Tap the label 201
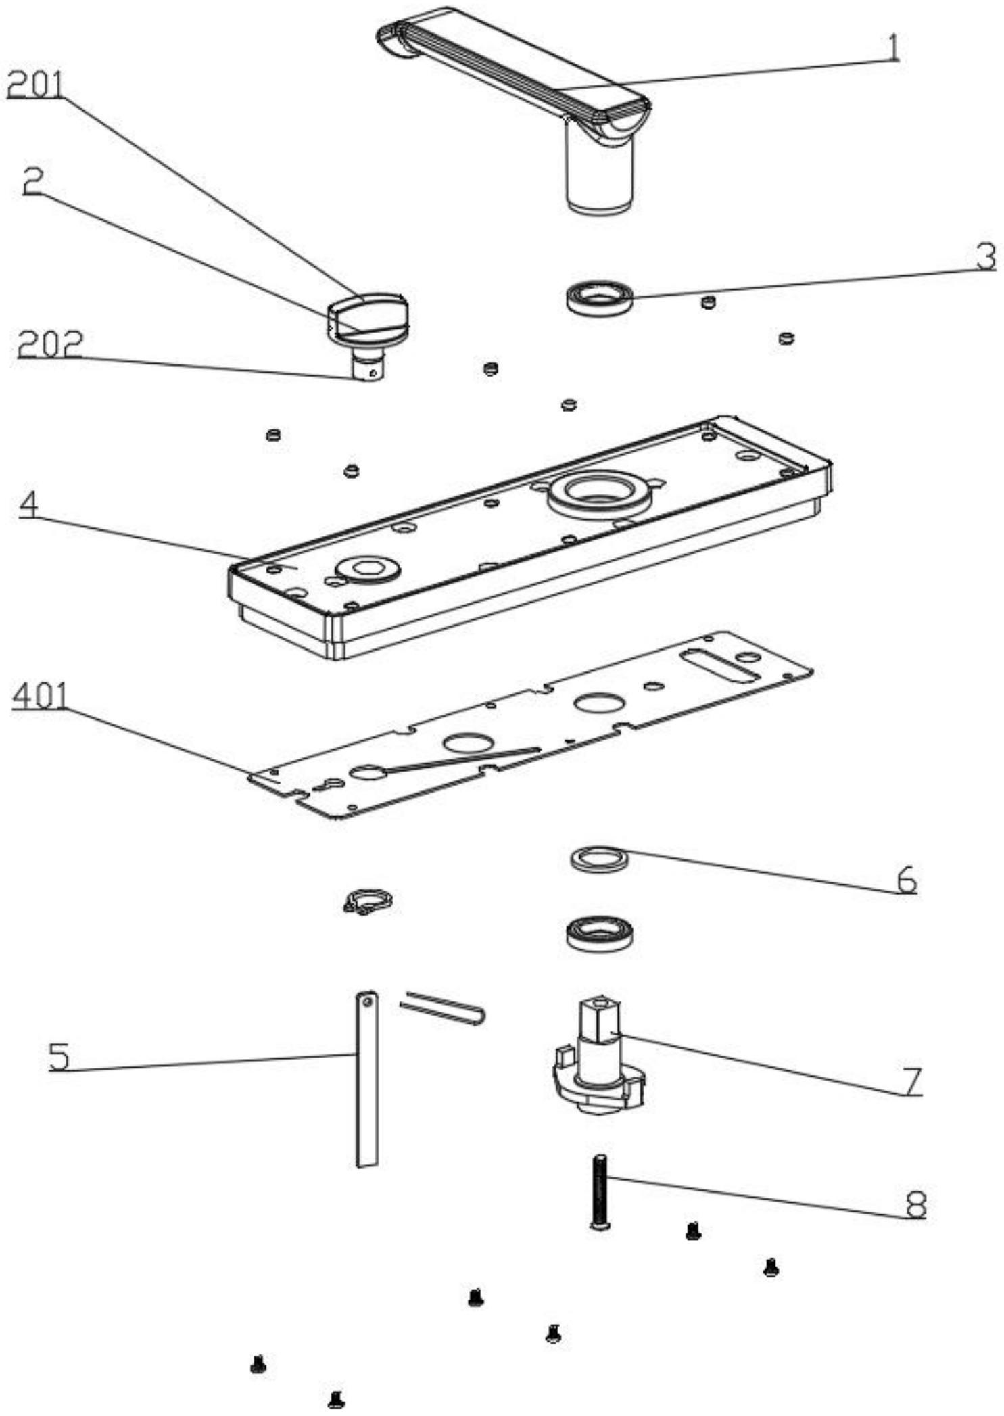[35, 86]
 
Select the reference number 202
[49, 344]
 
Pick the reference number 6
[907, 879]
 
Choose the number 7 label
[913, 1081]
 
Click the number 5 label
[59, 1057]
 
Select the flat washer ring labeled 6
[599, 859]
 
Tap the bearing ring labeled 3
[599, 296]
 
